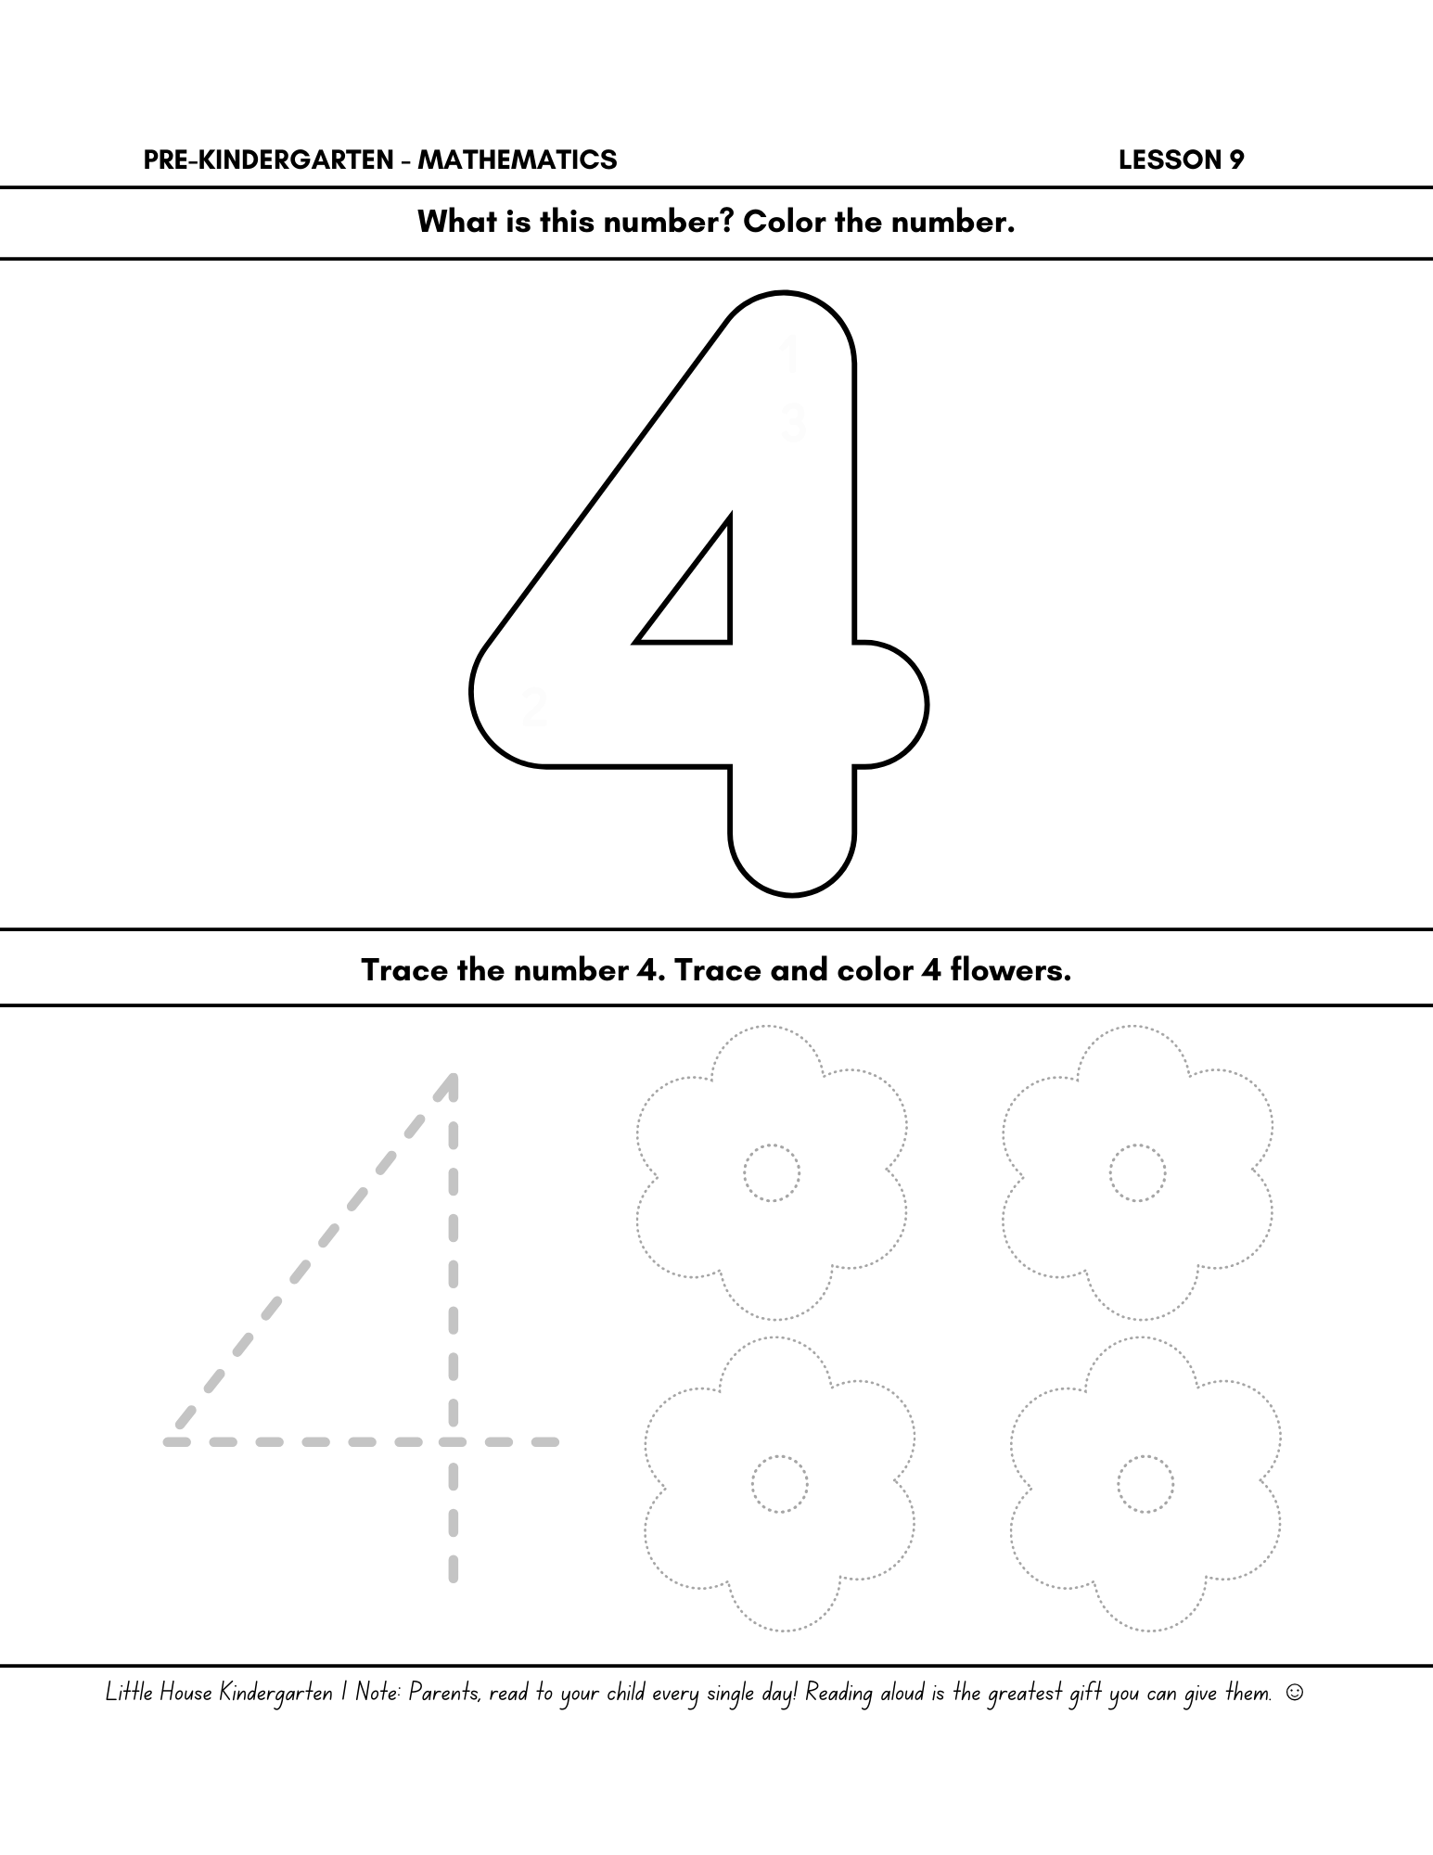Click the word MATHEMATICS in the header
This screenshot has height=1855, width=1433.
pyautogui.click(x=517, y=160)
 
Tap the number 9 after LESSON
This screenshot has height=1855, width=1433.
pyautogui.click(x=1236, y=160)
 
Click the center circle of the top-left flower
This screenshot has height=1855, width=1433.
pyautogui.click(x=771, y=1173)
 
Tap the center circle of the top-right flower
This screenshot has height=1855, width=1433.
pyautogui.click(x=1137, y=1173)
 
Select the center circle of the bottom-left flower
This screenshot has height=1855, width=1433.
pyautogui.click(x=779, y=1484)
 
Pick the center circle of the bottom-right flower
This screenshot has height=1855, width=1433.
pyautogui.click(x=1145, y=1484)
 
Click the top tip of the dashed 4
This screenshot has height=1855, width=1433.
pyautogui.click(x=452, y=1080)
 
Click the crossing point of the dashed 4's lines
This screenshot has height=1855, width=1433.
pyautogui.click(x=453, y=1441)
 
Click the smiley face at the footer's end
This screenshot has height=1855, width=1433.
pyautogui.click(x=1295, y=1693)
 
